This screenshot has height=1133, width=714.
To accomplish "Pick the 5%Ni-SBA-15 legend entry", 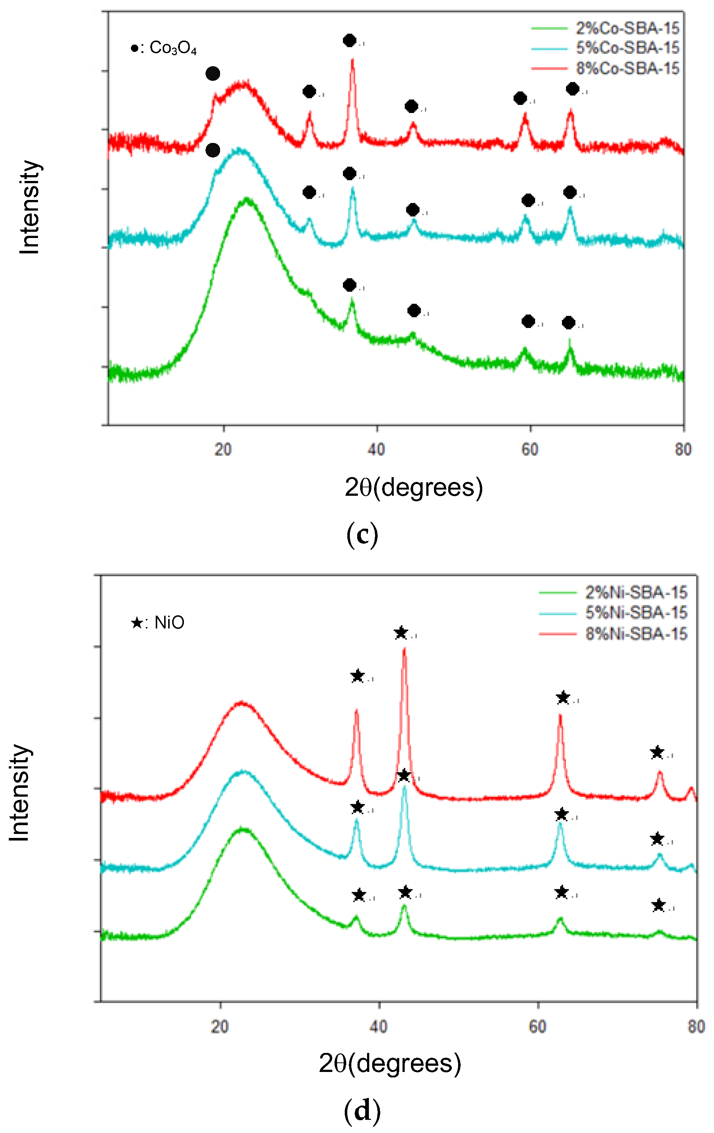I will (x=636, y=613).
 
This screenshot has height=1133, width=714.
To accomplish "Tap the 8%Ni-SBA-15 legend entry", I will (x=636, y=634).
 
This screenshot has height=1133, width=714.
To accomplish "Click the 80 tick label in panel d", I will (x=696, y=1026).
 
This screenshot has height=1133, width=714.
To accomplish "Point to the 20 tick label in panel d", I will (x=220, y=1026).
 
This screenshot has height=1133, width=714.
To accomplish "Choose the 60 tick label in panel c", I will (x=530, y=450).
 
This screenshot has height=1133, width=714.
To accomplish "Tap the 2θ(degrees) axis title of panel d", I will (x=390, y=1064).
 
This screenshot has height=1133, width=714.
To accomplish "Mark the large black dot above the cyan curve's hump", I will (x=213, y=151).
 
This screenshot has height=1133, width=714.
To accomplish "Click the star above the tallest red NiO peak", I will (x=401, y=633).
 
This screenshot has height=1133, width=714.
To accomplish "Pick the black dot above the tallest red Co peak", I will (x=349, y=41).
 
